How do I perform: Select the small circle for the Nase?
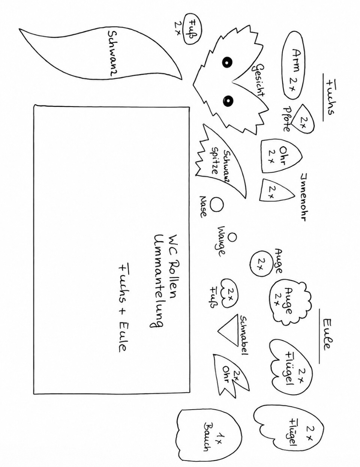pyautogui.click(x=216, y=204)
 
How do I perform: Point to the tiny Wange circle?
pyautogui.click(x=232, y=237)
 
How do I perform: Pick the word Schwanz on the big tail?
pyautogui.click(x=112, y=54)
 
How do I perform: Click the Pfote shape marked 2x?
pyautogui.click(x=303, y=119)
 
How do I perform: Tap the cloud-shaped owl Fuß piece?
pyautogui.click(x=229, y=293)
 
